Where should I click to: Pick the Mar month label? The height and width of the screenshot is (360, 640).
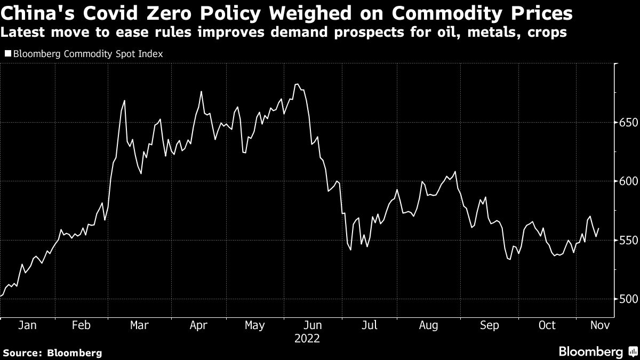tap(140, 325)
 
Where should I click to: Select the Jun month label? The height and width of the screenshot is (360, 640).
tap(312, 325)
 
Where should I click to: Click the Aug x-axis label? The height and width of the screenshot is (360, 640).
tap(429, 325)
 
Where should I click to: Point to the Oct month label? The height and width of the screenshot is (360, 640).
tap(547, 325)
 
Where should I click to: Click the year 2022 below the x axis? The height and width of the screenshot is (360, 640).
tap(308, 338)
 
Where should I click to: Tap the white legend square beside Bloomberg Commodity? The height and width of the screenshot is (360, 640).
tap(7, 53)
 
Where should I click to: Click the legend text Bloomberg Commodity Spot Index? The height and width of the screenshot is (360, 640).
tap(87, 53)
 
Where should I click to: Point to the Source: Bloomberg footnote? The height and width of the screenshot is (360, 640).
tap(52, 353)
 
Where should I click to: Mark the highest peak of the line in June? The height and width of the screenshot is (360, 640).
tap(297, 84)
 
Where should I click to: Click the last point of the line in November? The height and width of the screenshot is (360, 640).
tap(599, 228)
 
